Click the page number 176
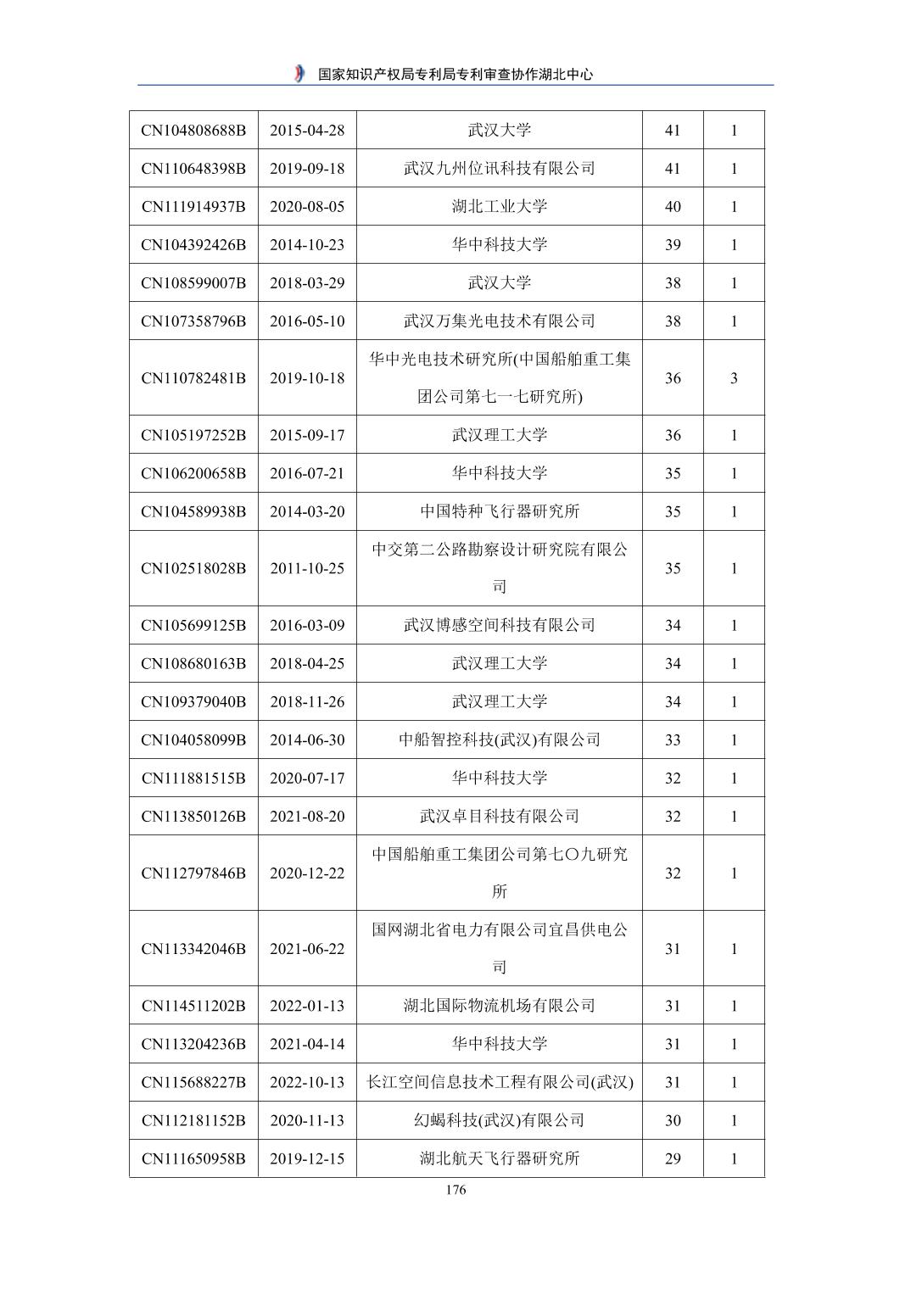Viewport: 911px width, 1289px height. (455, 1190)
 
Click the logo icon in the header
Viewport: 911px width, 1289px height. (299, 74)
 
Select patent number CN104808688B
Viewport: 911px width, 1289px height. (193, 131)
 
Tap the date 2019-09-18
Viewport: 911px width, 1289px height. (307, 169)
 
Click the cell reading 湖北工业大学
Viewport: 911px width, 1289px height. (499, 207)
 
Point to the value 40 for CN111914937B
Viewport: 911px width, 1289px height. (673, 207)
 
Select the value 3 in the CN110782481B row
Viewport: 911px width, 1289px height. (734, 378)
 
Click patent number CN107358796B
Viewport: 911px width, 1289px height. (193, 321)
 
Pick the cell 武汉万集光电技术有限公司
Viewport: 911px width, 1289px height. (499, 321)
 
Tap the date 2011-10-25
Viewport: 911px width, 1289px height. (307, 568)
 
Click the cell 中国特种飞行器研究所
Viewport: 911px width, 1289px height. (499, 511)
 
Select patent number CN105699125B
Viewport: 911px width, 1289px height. (193, 626)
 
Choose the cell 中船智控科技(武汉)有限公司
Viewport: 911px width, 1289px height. (499, 740)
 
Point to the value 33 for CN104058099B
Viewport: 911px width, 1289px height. (673, 740)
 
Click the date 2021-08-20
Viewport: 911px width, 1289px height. (307, 817)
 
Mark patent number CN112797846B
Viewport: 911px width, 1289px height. (193, 873)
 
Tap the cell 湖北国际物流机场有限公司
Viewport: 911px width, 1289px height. (499, 1006)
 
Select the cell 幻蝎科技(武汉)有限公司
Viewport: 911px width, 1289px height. (499, 1120)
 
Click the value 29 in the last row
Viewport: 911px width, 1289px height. (673, 1158)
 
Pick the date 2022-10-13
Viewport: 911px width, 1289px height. (307, 1082)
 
